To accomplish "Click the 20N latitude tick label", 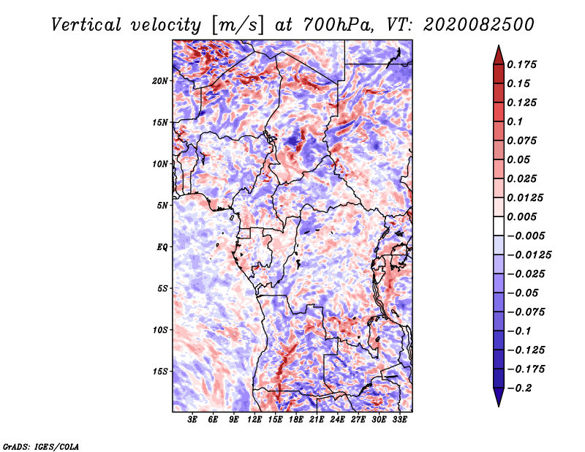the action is click(159, 81).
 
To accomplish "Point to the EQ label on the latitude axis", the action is click(162, 247).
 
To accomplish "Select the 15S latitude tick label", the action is click(159, 372).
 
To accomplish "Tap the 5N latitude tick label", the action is click(162, 206).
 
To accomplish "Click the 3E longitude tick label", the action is click(192, 419).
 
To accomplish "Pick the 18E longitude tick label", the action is click(296, 419).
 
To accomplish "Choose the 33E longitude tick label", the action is click(399, 419).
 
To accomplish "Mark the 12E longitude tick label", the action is click(254, 419).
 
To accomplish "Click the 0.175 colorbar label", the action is click(521, 64).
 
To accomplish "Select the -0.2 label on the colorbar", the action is click(519, 388).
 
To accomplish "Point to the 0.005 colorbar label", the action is click(521, 216).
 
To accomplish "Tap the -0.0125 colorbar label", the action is click(529, 255).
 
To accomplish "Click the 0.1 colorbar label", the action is click(515, 121).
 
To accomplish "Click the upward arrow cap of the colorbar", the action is click(499, 55).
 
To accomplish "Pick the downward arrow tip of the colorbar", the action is click(499, 406).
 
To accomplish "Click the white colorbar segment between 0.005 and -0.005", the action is click(499, 226).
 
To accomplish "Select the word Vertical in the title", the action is click(86, 25).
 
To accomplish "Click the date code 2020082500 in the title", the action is click(479, 25).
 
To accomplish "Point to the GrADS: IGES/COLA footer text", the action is click(41, 446).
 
